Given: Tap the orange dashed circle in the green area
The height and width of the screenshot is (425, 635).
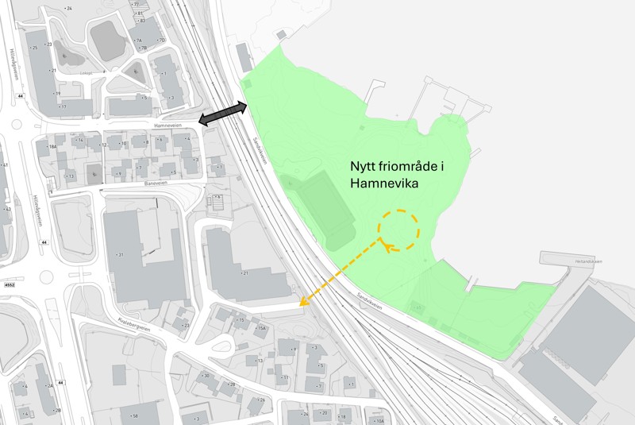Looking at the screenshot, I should [x=398, y=230].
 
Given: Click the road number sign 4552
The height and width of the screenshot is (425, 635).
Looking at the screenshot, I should [x=9, y=284].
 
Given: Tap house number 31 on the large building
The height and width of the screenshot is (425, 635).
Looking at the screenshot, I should [x=121, y=255].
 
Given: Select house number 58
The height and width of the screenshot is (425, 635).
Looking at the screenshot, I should [x=134, y=415].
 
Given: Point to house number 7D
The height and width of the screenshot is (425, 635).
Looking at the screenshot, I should [x=161, y=41].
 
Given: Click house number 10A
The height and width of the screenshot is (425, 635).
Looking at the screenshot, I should [x=379, y=420].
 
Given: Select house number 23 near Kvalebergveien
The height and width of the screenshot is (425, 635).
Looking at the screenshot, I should [x=186, y=326].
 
